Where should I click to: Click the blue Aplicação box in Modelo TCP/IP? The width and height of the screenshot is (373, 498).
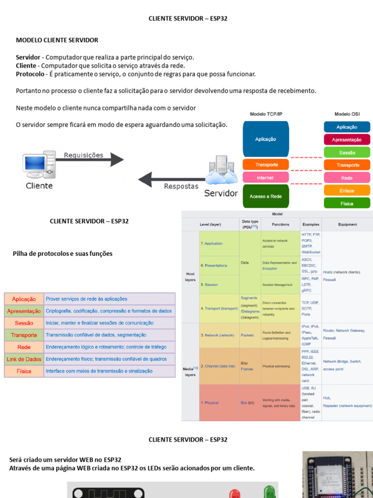coord(265,139)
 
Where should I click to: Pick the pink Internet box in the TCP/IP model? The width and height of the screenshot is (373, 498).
coord(265,178)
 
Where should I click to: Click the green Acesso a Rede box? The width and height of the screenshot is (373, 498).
coord(265,196)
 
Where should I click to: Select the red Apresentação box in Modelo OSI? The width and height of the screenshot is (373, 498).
coord(347,140)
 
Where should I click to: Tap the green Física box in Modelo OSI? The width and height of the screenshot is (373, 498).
coord(347,203)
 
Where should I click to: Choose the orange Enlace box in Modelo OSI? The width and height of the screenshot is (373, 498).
coord(347,191)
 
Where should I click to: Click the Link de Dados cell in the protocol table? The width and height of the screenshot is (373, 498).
coord(24,359)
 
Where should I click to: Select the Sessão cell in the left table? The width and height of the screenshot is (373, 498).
coord(24,323)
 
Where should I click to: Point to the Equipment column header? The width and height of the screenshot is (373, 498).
coord(347,225)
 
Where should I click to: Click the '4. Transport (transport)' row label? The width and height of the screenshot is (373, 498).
coord(219,308)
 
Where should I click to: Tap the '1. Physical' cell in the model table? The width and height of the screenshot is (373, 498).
coord(210,403)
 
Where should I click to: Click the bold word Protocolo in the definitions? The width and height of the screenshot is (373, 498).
coord(31,74)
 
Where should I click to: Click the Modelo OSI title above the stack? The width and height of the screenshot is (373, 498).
coord(347,113)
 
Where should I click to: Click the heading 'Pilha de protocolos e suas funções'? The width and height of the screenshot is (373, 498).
coord(62,253)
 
